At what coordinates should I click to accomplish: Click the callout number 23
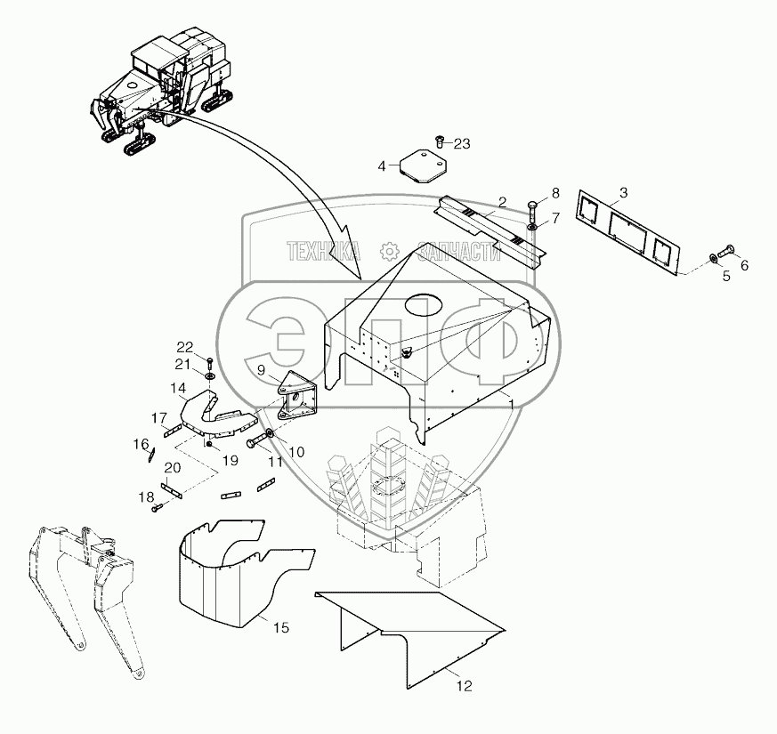464,143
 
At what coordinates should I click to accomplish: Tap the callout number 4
382,166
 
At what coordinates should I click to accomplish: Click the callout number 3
623,193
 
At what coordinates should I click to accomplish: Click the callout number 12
465,686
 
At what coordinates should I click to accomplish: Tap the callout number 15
280,628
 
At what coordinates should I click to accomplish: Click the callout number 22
183,346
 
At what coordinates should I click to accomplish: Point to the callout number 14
178,388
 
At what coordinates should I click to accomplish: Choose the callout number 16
141,443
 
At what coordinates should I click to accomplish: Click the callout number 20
173,468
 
